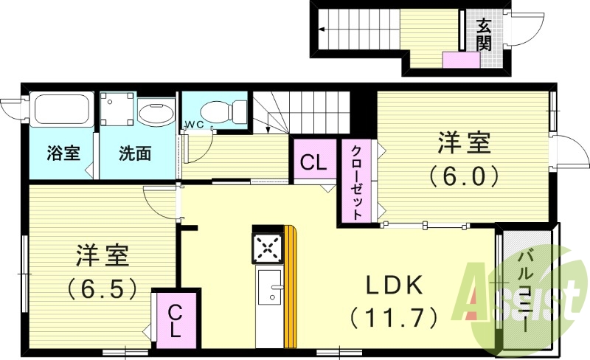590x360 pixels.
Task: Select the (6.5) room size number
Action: tap(103, 287)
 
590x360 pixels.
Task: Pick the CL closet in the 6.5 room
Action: tap(175, 319)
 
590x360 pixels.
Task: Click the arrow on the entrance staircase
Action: tap(324, 30)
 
